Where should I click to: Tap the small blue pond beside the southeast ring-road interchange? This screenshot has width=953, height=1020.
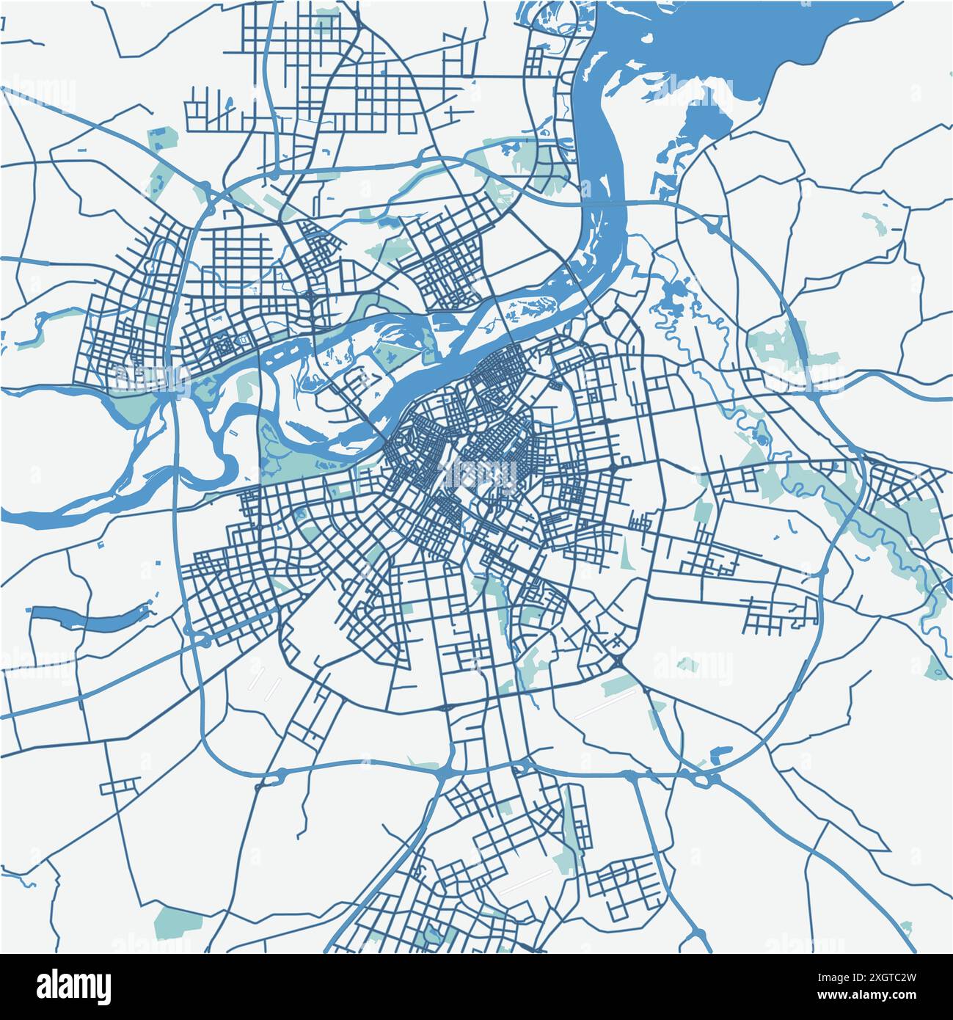click(x=721, y=752)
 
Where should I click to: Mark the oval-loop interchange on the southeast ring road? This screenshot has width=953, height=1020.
click(x=706, y=778)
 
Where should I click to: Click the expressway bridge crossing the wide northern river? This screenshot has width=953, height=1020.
click(x=602, y=202)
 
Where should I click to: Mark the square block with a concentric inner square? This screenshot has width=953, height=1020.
click(x=242, y=342)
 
